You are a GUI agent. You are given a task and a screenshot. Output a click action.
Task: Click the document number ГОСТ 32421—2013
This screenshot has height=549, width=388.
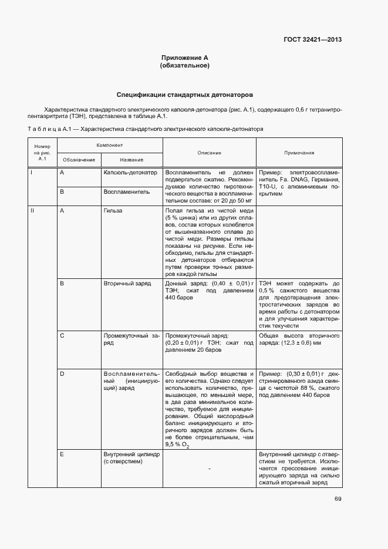(x=313, y=40)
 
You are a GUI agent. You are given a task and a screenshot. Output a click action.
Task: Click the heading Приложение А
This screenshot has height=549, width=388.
(x=185, y=58)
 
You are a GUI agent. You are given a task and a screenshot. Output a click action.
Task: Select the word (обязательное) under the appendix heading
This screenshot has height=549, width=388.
(x=185, y=66)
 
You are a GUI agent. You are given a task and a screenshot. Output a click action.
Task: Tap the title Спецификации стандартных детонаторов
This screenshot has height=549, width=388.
(x=185, y=94)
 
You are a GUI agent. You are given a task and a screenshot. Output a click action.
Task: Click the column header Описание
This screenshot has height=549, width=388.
(x=209, y=153)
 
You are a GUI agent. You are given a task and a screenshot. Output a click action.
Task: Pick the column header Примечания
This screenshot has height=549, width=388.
(x=299, y=153)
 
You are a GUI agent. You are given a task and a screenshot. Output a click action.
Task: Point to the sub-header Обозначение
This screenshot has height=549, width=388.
(x=79, y=160)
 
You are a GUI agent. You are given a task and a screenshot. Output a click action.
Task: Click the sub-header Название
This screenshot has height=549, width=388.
(x=131, y=160)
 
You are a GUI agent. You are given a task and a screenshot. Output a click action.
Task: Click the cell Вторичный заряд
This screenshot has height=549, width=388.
(x=127, y=284)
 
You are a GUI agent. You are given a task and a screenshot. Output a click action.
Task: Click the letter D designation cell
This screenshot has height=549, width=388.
(x=62, y=373)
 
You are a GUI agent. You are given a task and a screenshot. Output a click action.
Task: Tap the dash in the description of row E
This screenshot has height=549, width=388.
(x=209, y=469)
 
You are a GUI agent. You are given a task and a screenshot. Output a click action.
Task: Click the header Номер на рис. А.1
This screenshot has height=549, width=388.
(x=42, y=153)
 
